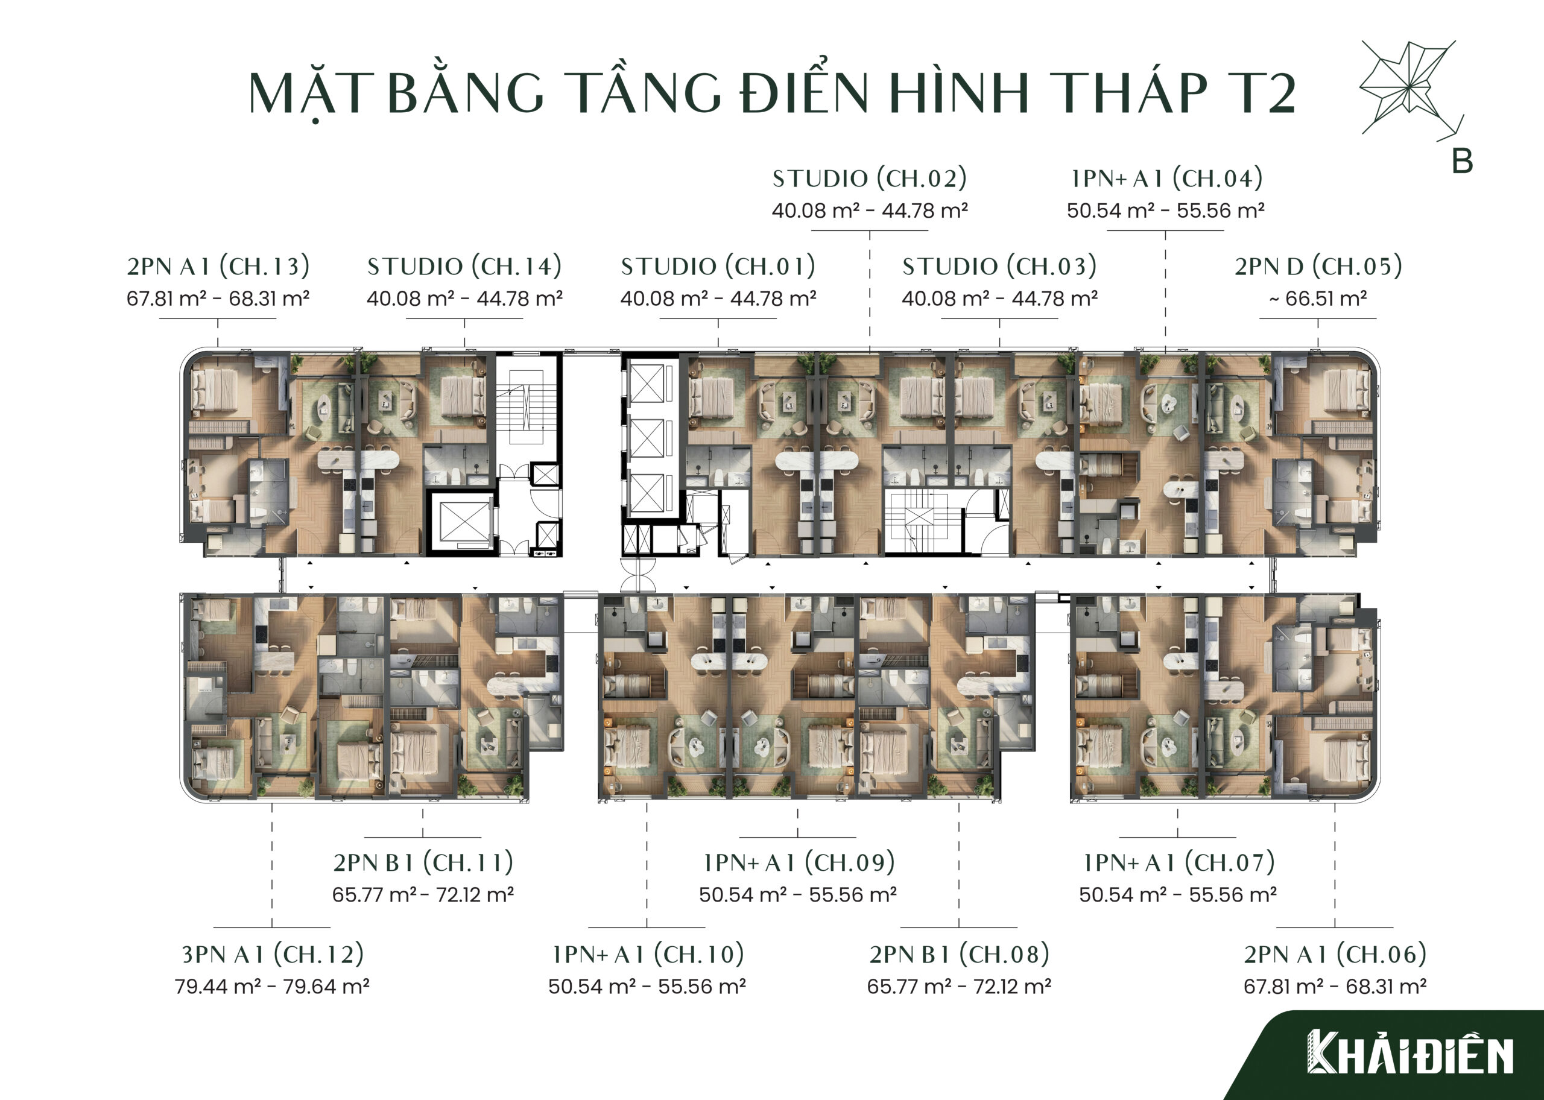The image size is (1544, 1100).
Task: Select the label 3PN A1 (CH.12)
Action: (x=272, y=955)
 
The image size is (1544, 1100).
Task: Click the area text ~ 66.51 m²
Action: (x=1318, y=299)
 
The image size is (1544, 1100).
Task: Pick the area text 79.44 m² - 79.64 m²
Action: (x=272, y=986)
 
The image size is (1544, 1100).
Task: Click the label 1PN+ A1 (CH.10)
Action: (x=647, y=955)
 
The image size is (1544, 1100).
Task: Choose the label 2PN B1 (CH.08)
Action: (x=959, y=955)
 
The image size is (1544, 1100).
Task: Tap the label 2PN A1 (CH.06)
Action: (x=1335, y=955)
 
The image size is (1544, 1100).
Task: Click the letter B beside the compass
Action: (x=1463, y=161)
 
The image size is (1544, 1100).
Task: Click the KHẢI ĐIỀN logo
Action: (x=1410, y=1052)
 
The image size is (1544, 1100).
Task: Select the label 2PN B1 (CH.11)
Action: (x=423, y=862)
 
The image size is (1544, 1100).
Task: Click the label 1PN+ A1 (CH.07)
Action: (x=1179, y=862)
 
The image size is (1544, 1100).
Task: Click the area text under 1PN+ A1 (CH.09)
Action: (x=798, y=895)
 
